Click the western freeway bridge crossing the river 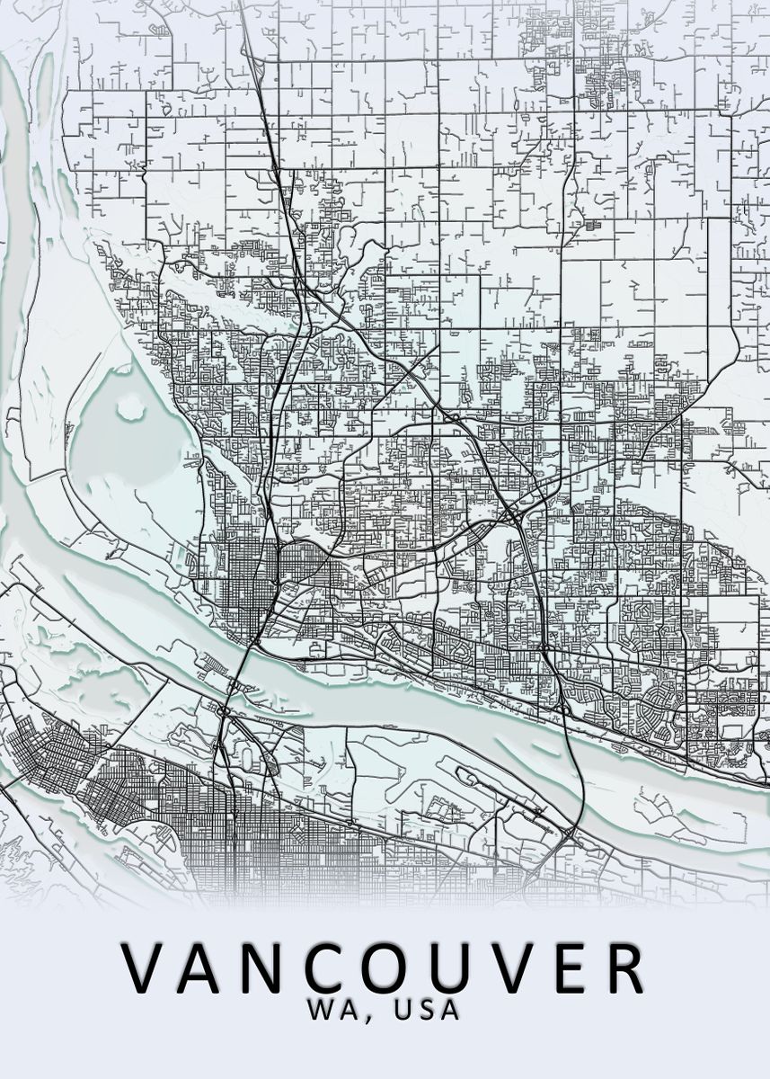coord(239,670)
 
